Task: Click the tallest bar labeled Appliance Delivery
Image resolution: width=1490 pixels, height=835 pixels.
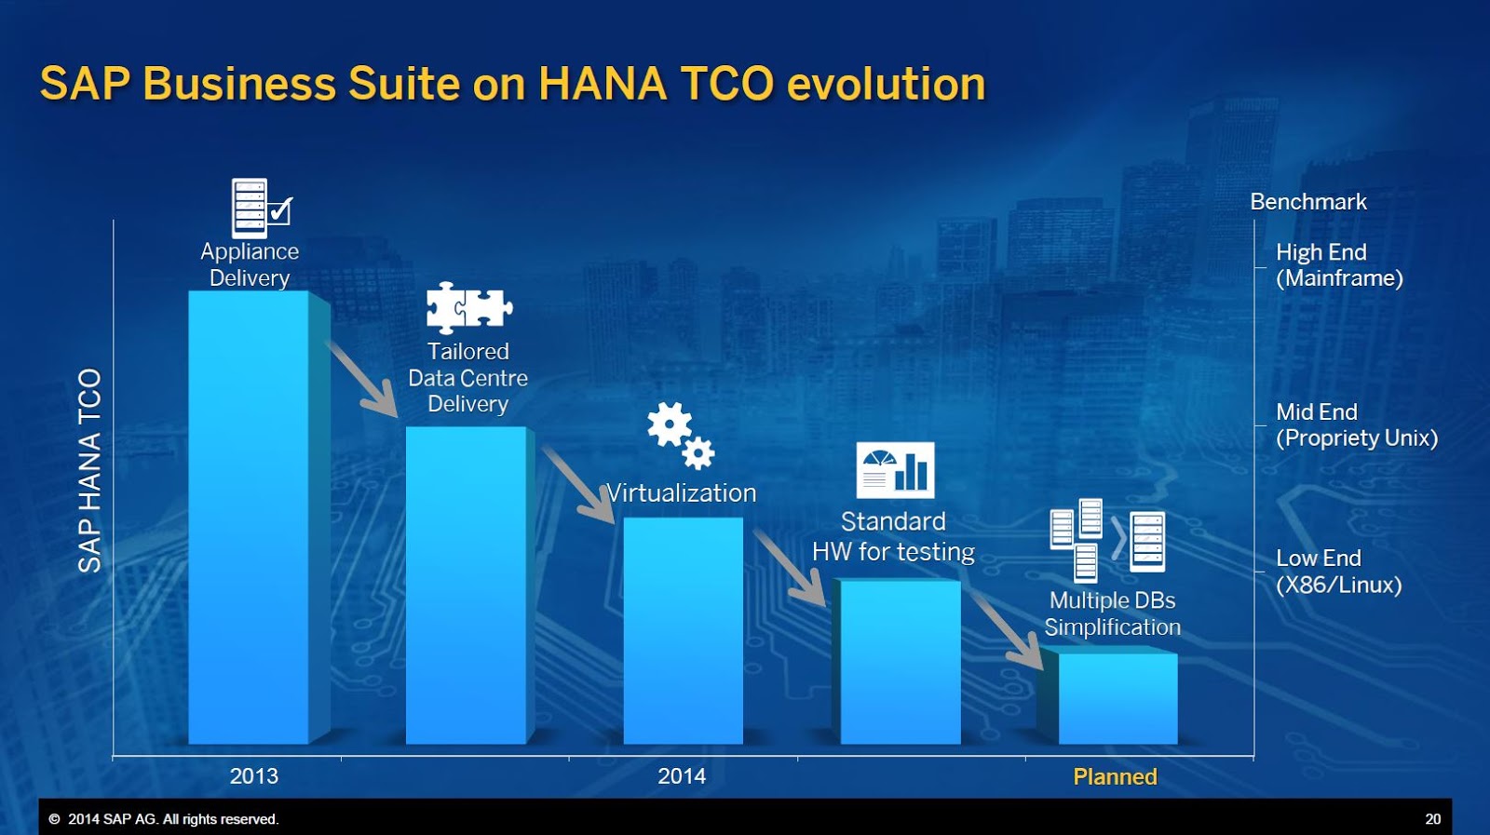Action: (x=249, y=517)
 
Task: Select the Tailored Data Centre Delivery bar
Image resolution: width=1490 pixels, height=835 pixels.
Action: (x=466, y=585)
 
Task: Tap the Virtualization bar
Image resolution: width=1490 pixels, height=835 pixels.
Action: (x=683, y=630)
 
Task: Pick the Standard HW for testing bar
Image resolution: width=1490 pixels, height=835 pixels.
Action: (x=900, y=661)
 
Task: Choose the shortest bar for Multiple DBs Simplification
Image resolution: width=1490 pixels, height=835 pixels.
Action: (x=1117, y=698)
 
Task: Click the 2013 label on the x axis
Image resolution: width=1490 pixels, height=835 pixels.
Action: (x=253, y=776)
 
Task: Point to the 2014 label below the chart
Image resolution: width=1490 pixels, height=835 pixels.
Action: (x=682, y=776)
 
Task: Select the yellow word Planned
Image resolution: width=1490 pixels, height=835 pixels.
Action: (x=1115, y=776)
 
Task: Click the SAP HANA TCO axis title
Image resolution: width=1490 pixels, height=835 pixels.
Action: (x=89, y=470)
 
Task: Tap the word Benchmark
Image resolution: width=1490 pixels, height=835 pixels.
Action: (x=1307, y=202)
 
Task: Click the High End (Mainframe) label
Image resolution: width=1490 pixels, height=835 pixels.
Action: (x=1338, y=265)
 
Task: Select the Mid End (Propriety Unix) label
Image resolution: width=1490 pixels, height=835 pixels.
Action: (x=1356, y=425)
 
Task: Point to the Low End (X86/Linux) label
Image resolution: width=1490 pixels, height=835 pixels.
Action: (x=1337, y=572)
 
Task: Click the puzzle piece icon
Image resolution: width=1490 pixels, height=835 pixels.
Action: (x=468, y=307)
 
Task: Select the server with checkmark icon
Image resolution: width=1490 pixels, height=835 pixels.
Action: (x=261, y=209)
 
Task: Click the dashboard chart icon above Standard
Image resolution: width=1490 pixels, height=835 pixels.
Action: (x=894, y=470)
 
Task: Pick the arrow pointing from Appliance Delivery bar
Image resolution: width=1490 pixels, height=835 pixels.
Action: (x=363, y=379)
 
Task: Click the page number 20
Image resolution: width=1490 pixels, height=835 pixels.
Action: (x=1432, y=819)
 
